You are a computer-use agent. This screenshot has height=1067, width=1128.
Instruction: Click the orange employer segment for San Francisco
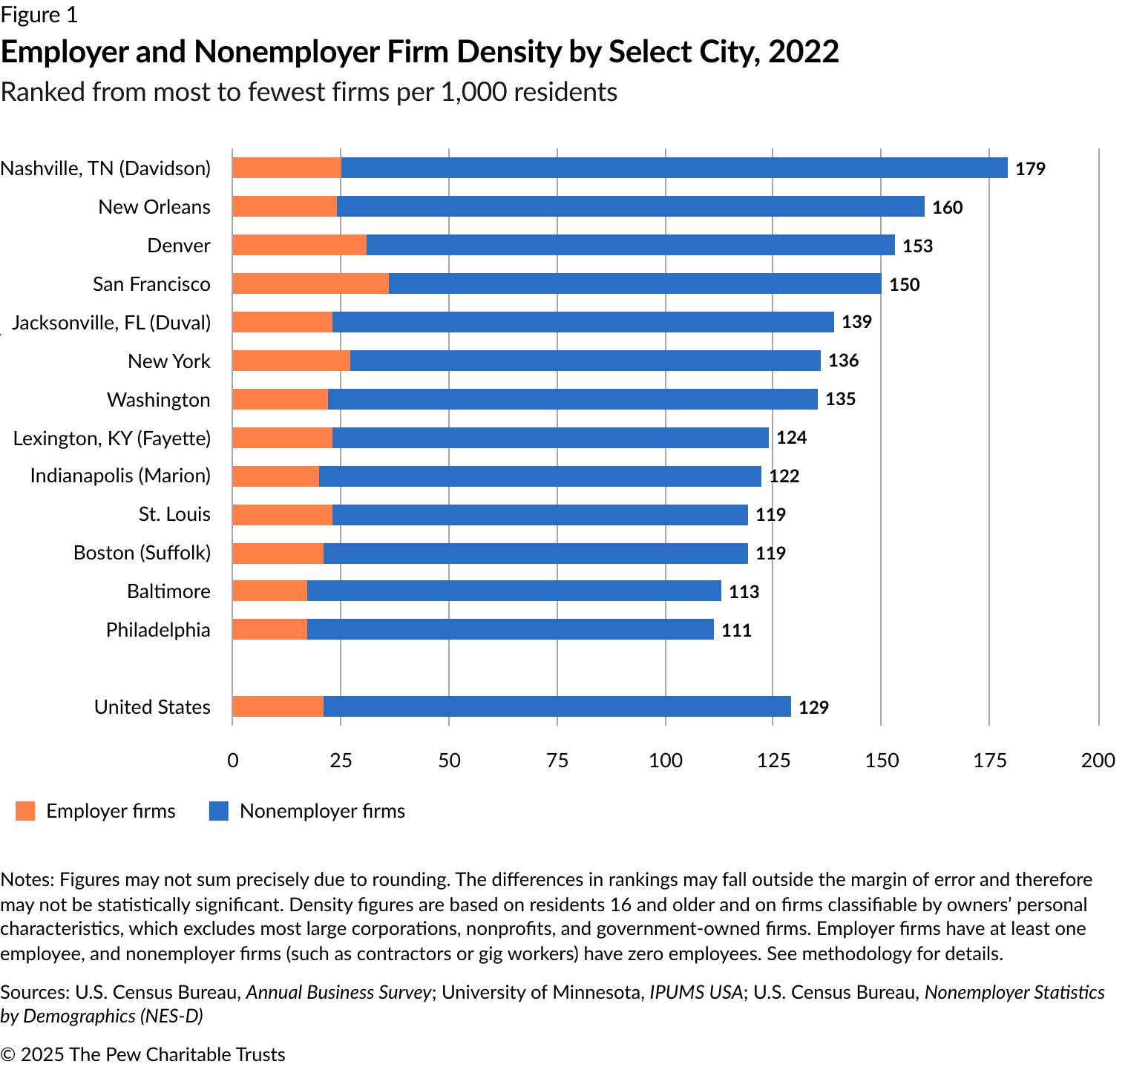tap(310, 283)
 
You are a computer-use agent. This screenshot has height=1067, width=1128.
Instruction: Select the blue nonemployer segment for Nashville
tap(674, 168)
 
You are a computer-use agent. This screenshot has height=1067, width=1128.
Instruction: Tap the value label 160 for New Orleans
tap(947, 207)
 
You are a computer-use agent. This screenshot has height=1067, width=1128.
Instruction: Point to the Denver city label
tap(179, 246)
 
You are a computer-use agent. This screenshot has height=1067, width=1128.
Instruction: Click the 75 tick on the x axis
tap(557, 760)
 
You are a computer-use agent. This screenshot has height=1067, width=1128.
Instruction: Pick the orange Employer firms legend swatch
tap(25, 811)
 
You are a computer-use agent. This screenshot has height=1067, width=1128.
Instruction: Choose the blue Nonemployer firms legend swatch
tap(219, 811)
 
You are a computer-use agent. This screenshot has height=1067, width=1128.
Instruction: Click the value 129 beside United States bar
tap(813, 707)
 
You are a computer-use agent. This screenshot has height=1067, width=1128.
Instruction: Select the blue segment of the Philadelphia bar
tap(510, 629)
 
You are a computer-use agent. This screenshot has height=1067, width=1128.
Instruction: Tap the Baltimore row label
tap(168, 591)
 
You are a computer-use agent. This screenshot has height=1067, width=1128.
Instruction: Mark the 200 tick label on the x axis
tap(1098, 760)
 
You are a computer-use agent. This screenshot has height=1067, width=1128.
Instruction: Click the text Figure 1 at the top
tap(39, 15)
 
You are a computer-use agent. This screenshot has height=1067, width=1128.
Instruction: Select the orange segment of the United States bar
tap(278, 706)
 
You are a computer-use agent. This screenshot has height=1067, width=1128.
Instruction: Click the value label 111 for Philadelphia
tap(736, 631)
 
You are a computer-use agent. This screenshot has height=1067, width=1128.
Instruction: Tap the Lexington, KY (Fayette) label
tap(112, 438)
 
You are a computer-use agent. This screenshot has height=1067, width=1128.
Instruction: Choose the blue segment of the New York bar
tap(585, 361)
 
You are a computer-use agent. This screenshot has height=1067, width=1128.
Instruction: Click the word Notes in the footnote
tap(27, 879)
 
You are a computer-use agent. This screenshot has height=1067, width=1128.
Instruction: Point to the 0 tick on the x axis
tap(233, 760)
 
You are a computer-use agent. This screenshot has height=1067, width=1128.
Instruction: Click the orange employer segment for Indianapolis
tap(275, 476)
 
